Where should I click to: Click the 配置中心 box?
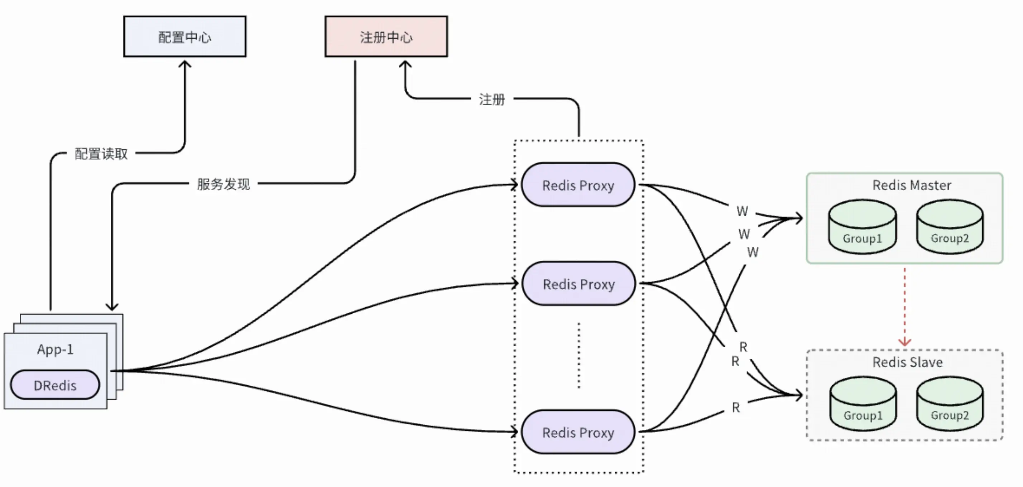pos(185,37)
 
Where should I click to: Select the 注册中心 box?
pos(386,37)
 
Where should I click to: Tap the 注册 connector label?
pos(492,99)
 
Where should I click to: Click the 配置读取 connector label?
pos(101,154)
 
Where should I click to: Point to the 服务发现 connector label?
pos(223,184)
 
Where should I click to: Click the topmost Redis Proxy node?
pos(578,185)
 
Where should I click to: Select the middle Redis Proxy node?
pos(578,284)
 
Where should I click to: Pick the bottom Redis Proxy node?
pos(578,432)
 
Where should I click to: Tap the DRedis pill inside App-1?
pos(55,385)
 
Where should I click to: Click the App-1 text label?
pos(55,349)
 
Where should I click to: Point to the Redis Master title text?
pos(912,185)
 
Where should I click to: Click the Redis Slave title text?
pos(907,362)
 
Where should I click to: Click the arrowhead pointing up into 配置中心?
pos(185,63)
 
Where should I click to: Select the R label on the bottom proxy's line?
pos(736,407)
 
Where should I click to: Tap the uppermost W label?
pos(742,211)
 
